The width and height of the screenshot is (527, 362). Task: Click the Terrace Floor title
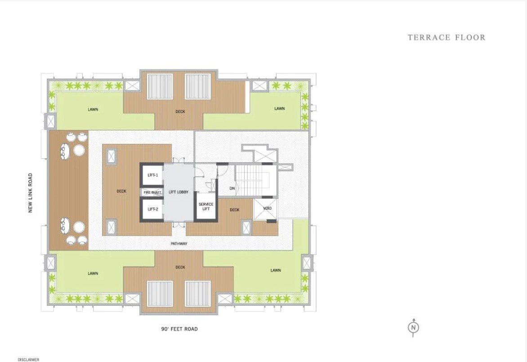pyautogui.click(x=446, y=37)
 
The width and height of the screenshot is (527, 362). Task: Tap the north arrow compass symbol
pyautogui.click(x=413, y=328)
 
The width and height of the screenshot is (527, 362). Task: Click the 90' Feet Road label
pyautogui.click(x=179, y=329)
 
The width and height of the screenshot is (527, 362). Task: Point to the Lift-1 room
pyautogui.click(x=152, y=175)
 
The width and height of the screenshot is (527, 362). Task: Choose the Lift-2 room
pyautogui.click(x=152, y=209)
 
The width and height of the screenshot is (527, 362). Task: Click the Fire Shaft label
pyautogui.click(x=152, y=192)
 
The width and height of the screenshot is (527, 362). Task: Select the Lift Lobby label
pyautogui.click(x=178, y=192)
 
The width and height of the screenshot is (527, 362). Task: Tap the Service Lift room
pyautogui.click(x=205, y=207)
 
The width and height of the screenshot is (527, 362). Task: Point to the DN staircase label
pyautogui.click(x=232, y=188)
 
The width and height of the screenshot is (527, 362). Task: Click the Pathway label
pyautogui.click(x=179, y=244)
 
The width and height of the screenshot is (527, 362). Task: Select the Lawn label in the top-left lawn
pyautogui.click(x=93, y=109)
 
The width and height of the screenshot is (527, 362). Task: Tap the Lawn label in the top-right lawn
pyautogui.click(x=279, y=108)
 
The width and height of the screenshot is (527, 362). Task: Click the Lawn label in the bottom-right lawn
pyautogui.click(x=276, y=270)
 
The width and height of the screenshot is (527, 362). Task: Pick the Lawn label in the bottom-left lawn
pyautogui.click(x=93, y=273)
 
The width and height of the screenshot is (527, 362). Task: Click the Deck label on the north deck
pyautogui.click(x=180, y=112)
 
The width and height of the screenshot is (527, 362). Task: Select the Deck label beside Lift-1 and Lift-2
pyautogui.click(x=121, y=191)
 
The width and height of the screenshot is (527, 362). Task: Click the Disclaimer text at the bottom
pyautogui.click(x=28, y=359)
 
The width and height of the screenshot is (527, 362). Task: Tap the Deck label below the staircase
pyautogui.click(x=234, y=210)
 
